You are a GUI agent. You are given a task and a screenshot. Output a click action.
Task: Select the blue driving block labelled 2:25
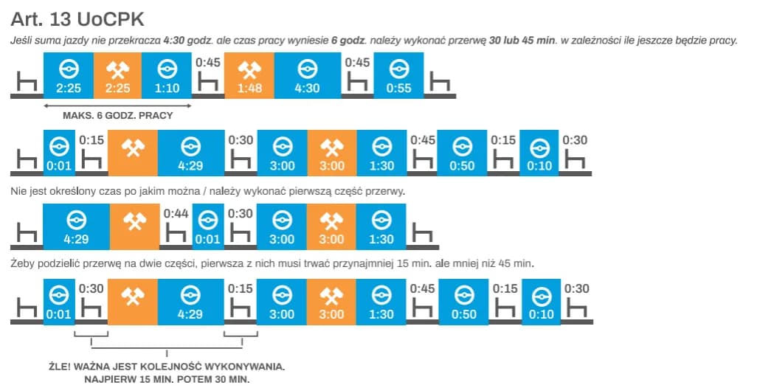(67, 77)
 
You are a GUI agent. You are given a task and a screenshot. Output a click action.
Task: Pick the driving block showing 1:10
(166, 77)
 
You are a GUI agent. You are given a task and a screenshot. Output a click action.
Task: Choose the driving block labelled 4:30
(306, 77)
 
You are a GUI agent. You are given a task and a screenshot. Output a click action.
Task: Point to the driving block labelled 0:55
(398, 77)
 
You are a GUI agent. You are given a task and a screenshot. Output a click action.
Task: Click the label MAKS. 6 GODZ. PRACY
(117, 115)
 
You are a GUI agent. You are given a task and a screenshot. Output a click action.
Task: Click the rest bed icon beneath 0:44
(176, 233)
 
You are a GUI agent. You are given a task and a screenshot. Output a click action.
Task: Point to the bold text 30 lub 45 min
(522, 39)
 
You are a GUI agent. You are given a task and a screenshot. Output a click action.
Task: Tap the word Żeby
(25, 263)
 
